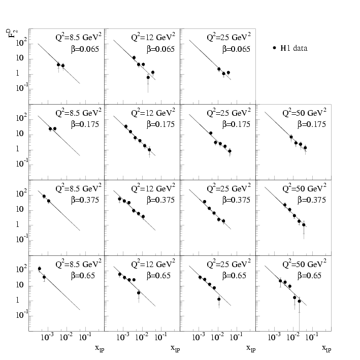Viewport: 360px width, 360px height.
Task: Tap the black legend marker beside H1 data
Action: (x=275, y=48)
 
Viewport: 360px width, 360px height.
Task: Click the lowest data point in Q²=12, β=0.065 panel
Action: (x=148, y=78)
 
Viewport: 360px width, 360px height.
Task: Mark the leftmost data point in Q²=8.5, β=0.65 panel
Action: (x=40, y=269)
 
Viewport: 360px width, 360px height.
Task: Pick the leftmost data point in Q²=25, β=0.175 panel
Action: (x=211, y=133)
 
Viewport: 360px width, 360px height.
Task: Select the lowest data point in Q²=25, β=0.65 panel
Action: (x=219, y=299)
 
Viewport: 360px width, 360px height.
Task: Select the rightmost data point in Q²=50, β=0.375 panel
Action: (x=304, y=224)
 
